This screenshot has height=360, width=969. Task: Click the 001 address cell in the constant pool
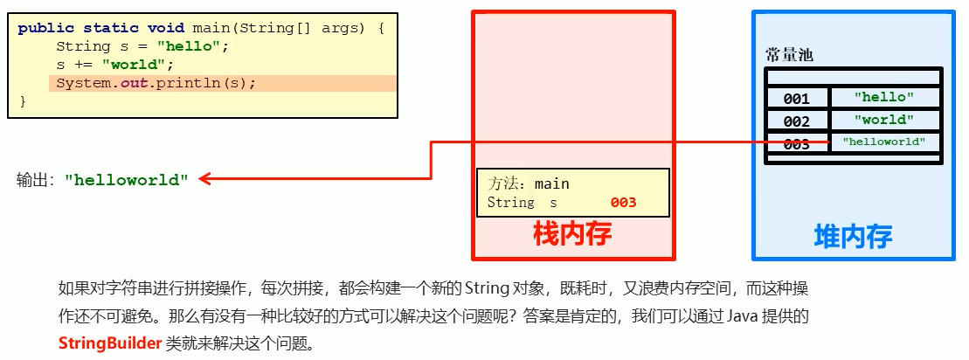796,99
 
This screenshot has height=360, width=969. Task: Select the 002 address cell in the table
796,121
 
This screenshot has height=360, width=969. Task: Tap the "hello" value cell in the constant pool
883,98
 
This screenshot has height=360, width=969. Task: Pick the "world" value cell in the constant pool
883,120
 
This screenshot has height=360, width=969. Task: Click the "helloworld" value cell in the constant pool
883,142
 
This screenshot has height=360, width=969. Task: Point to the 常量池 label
789,55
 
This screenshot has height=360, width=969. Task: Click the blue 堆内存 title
853,236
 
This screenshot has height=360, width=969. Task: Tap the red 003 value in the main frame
623,203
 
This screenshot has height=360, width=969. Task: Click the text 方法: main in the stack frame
529,183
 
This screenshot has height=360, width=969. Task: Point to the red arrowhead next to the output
204,180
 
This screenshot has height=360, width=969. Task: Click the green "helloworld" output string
127,181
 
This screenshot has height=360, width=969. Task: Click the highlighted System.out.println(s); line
156,84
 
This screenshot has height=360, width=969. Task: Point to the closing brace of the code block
23,101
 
